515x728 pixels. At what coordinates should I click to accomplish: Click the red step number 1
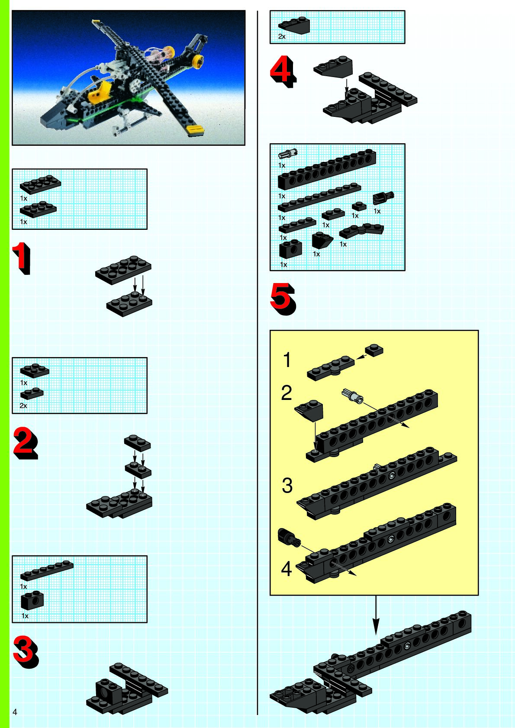point(22,258)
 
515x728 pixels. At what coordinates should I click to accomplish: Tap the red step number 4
point(283,71)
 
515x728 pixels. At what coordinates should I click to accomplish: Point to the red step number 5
point(283,299)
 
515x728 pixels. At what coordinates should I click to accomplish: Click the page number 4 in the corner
point(15,712)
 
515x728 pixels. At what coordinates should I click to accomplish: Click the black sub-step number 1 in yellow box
point(287,360)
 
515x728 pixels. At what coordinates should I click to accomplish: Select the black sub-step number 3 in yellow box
point(287,486)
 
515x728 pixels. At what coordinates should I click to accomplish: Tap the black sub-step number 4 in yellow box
point(286,569)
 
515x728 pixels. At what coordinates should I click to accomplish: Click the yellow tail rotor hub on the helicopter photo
point(197,60)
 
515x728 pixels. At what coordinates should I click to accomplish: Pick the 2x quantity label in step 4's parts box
point(282,37)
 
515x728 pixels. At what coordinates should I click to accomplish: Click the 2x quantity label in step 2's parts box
point(23,406)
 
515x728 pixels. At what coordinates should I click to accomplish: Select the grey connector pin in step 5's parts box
point(288,153)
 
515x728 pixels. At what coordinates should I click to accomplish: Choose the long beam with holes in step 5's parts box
point(327,169)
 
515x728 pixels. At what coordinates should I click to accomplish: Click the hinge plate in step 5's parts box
point(362,230)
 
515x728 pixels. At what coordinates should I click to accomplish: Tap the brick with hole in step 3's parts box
point(32,600)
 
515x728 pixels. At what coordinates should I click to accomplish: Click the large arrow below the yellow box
point(376,615)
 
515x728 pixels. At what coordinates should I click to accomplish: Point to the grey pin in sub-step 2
point(353,396)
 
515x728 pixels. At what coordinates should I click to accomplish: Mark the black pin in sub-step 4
point(289,537)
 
